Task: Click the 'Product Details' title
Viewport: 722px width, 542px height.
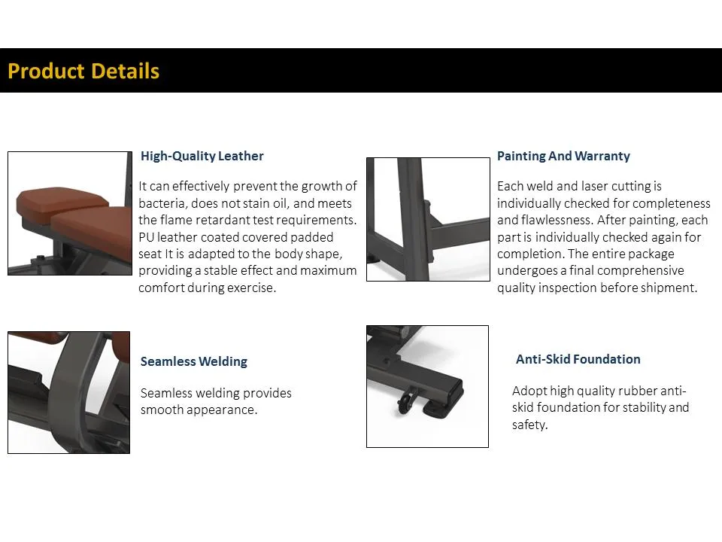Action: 83,71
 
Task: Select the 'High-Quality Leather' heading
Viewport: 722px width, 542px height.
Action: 202,157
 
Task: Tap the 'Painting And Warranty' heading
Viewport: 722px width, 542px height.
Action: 563,157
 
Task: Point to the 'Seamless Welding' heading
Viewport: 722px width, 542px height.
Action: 193,361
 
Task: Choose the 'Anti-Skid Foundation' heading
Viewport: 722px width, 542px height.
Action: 578,359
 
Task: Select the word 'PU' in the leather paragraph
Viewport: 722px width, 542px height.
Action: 147,237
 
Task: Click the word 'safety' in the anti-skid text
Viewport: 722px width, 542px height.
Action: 529,425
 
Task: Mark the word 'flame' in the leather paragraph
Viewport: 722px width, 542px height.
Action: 177,221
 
